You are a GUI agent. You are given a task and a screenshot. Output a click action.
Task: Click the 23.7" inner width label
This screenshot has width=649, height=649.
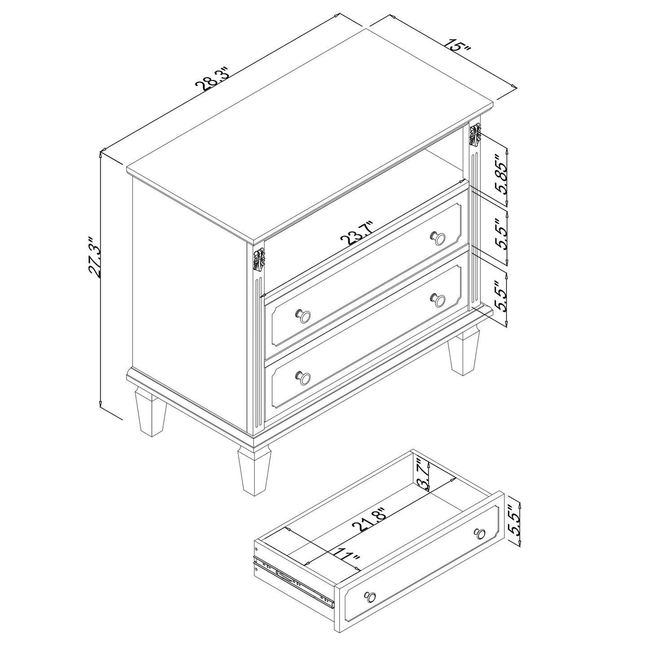[x=357, y=233]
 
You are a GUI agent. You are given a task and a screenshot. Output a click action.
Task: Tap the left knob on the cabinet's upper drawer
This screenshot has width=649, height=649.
[x=304, y=316]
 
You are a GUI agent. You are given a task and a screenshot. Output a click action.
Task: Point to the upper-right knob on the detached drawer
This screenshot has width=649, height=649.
[x=480, y=534]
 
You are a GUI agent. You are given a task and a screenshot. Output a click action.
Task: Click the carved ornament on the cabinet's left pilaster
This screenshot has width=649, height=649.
[x=258, y=260]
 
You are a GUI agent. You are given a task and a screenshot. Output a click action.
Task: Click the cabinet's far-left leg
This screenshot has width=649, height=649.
[x=150, y=413]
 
